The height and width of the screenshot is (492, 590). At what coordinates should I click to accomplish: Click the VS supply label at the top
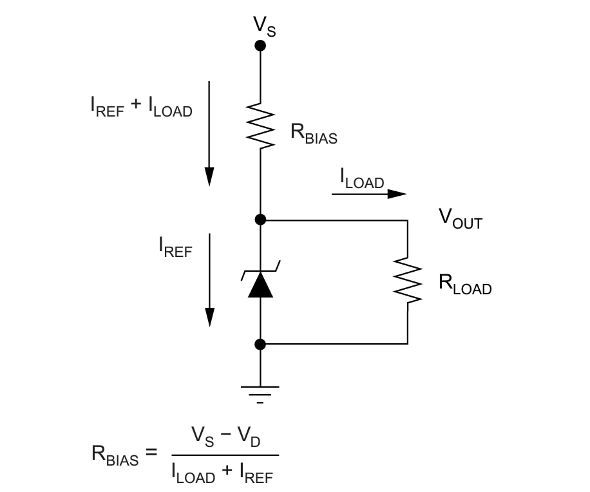(x=264, y=26)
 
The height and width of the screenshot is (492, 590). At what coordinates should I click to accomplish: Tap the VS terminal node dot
(x=260, y=45)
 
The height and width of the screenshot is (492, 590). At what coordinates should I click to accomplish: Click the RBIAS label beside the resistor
(x=314, y=133)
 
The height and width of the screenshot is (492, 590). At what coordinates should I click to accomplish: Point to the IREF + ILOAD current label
(x=141, y=106)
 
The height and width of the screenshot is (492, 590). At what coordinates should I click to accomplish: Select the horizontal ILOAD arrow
(x=369, y=193)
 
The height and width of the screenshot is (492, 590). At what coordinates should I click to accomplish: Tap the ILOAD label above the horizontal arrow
(x=362, y=178)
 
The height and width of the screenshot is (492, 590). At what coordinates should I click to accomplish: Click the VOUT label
(x=460, y=218)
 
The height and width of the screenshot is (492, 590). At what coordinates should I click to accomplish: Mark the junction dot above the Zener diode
(x=260, y=220)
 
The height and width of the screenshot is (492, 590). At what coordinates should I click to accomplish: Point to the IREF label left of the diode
(x=175, y=247)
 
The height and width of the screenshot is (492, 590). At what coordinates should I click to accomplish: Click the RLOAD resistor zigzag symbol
(x=408, y=280)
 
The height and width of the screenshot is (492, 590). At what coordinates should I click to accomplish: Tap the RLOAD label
(x=464, y=284)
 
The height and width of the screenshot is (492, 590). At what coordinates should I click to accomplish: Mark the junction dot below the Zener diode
(x=260, y=344)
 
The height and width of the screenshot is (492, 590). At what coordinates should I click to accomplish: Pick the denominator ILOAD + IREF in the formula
(x=222, y=473)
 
